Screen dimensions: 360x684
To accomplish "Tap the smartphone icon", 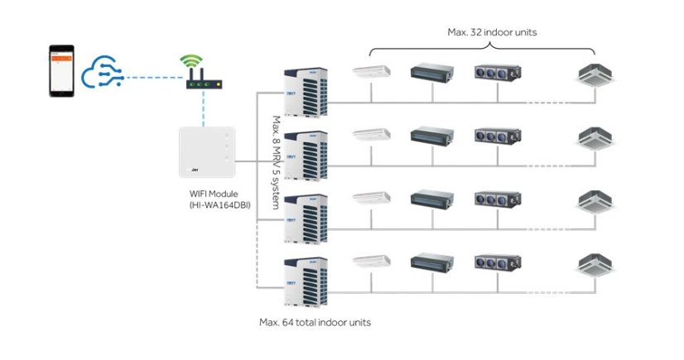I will pyautogui.click(x=60, y=71).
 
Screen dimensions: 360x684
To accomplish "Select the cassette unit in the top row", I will pyautogui.click(x=596, y=74).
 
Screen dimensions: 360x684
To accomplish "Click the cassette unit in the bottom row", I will pyautogui.click(x=596, y=265).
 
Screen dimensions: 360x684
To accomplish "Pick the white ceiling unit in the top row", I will pyautogui.click(x=371, y=72).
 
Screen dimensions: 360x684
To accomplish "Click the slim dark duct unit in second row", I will pyautogui.click(x=432, y=134).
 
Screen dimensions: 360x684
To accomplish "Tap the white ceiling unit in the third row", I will pyautogui.click(x=371, y=199).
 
